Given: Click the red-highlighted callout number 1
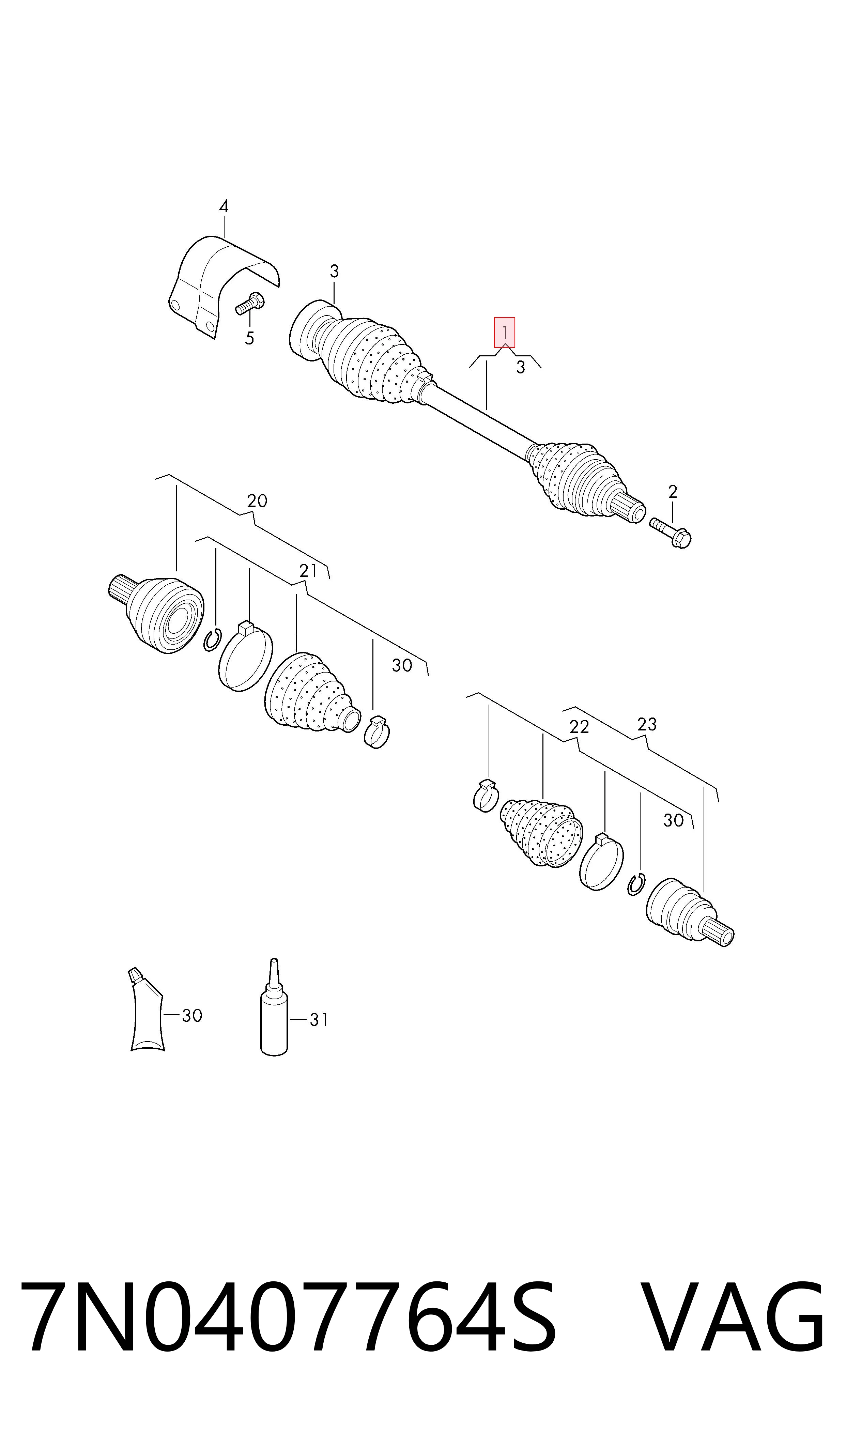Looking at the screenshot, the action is tap(505, 332).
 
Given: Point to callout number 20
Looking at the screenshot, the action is tap(257, 500).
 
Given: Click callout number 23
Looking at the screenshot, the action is tap(647, 724).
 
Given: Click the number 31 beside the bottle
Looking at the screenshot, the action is tap(319, 1020).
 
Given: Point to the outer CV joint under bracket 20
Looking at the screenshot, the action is tap(156, 613).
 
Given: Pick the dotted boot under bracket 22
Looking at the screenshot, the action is tap(542, 832).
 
